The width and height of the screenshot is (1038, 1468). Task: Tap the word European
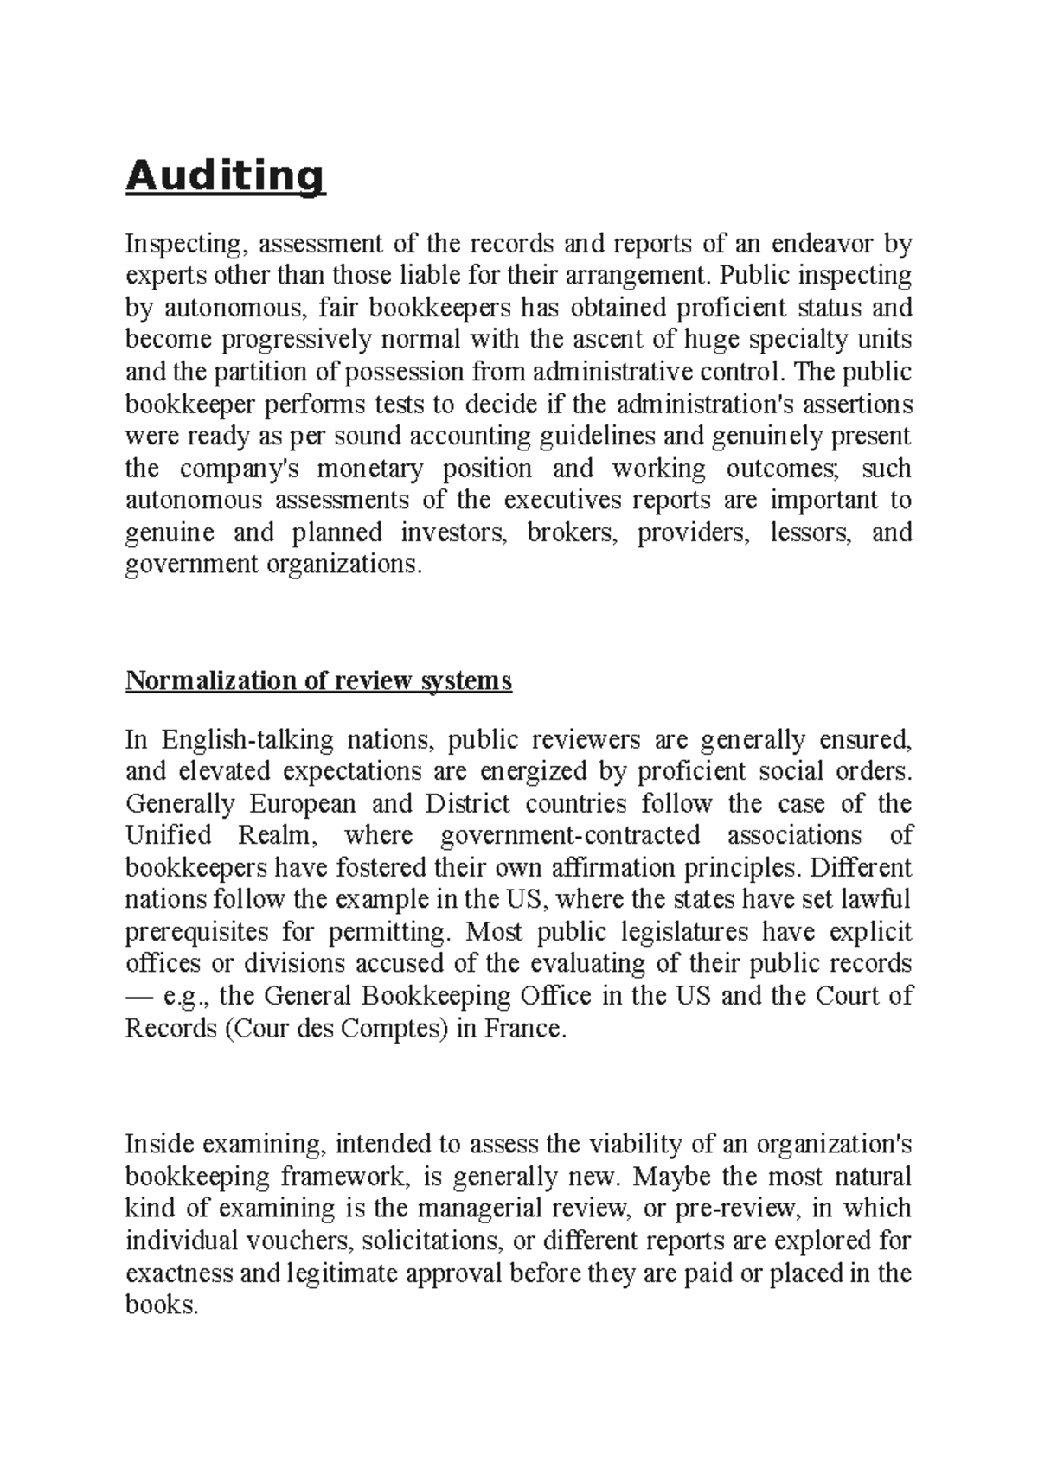click(303, 803)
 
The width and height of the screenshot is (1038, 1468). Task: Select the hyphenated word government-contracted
click(570, 835)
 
